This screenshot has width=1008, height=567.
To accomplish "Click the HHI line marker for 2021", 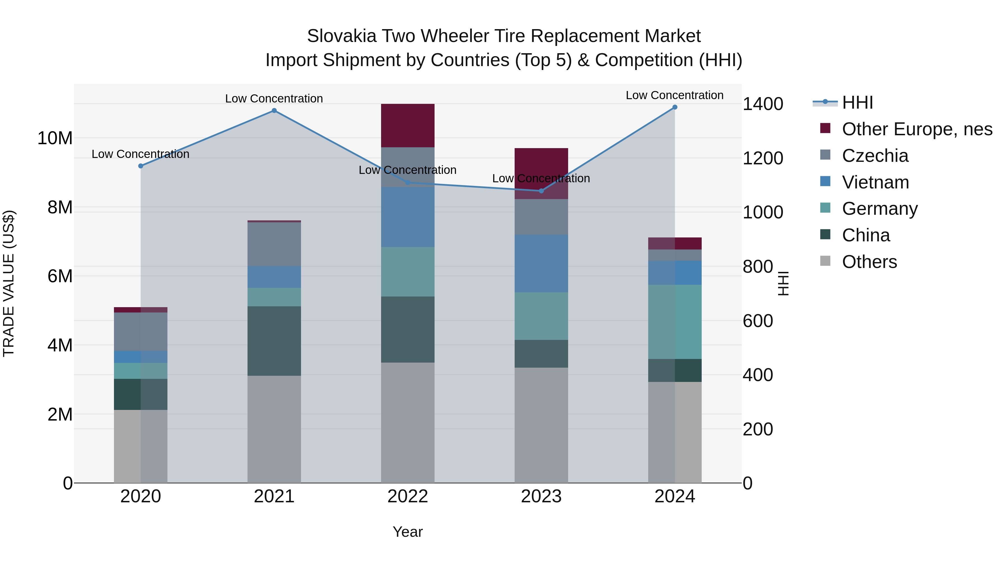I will [x=274, y=111].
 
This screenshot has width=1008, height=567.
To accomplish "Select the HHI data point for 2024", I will [x=675, y=107].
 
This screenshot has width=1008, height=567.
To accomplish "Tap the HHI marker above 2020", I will [x=141, y=166].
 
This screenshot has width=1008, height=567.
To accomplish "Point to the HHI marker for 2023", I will [x=541, y=191].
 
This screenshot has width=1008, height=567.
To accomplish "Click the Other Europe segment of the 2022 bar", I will [x=408, y=126].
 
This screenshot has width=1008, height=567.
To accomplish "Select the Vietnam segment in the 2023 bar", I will [x=541, y=263].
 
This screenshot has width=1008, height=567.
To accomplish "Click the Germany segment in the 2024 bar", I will [x=675, y=322].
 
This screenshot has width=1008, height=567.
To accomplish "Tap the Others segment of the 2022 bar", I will [x=408, y=423].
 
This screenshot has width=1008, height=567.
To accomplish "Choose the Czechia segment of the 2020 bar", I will [x=141, y=332].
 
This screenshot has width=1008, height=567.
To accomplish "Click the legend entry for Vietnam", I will [x=875, y=182].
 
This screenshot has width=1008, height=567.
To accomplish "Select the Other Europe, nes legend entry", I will [x=917, y=129].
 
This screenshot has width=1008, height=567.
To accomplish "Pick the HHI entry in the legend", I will [x=857, y=102].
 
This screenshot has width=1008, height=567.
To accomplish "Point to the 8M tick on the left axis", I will [x=60, y=207].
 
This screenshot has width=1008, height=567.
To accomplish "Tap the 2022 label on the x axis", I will [x=408, y=496].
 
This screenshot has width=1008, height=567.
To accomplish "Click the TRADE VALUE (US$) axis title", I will [x=9, y=283].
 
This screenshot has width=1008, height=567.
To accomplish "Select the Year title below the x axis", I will [x=408, y=532].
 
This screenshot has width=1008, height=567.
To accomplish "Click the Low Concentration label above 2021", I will [x=274, y=99].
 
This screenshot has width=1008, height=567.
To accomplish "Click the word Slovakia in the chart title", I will [x=341, y=36].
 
